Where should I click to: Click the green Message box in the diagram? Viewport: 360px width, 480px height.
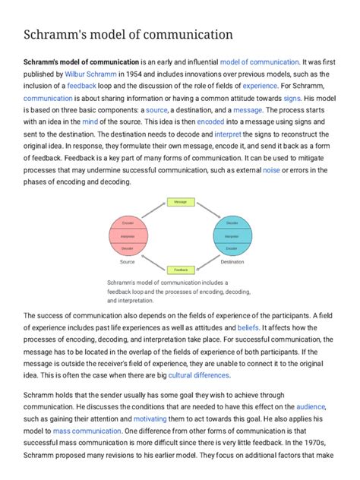tap(180, 202)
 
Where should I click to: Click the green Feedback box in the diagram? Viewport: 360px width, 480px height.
tap(180, 270)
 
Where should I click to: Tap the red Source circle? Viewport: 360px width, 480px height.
tap(128, 236)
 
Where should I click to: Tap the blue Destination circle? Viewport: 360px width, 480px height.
tap(232, 236)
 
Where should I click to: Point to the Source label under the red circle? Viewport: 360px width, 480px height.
tap(128, 262)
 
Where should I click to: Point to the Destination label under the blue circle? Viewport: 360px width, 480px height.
tap(232, 262)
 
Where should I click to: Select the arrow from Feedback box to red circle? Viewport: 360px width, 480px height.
tap(151, 261)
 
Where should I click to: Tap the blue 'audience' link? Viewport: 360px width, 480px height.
tap(311, 406)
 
